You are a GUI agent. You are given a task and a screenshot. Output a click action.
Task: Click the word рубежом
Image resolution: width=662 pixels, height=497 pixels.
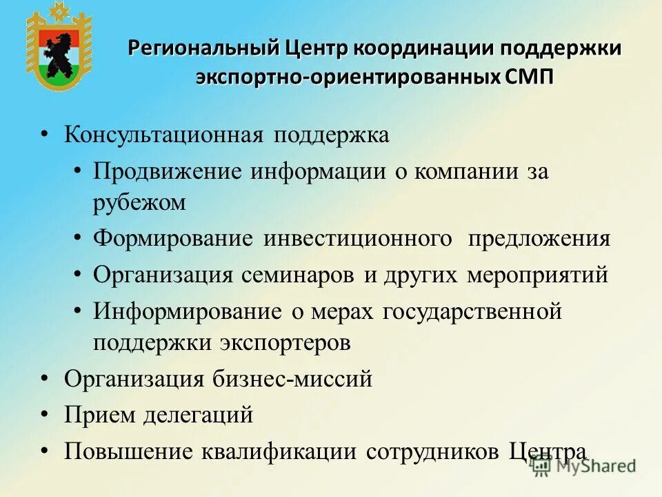point(139,202)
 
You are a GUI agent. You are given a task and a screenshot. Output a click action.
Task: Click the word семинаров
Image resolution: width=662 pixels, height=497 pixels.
point(299,275)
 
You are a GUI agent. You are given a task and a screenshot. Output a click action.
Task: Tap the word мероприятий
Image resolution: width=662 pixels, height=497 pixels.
point(537,275)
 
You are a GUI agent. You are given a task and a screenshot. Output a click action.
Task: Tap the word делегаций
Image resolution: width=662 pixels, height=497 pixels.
point(198,415)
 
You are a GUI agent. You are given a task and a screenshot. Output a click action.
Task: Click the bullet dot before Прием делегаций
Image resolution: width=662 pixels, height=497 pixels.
point(45,414)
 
